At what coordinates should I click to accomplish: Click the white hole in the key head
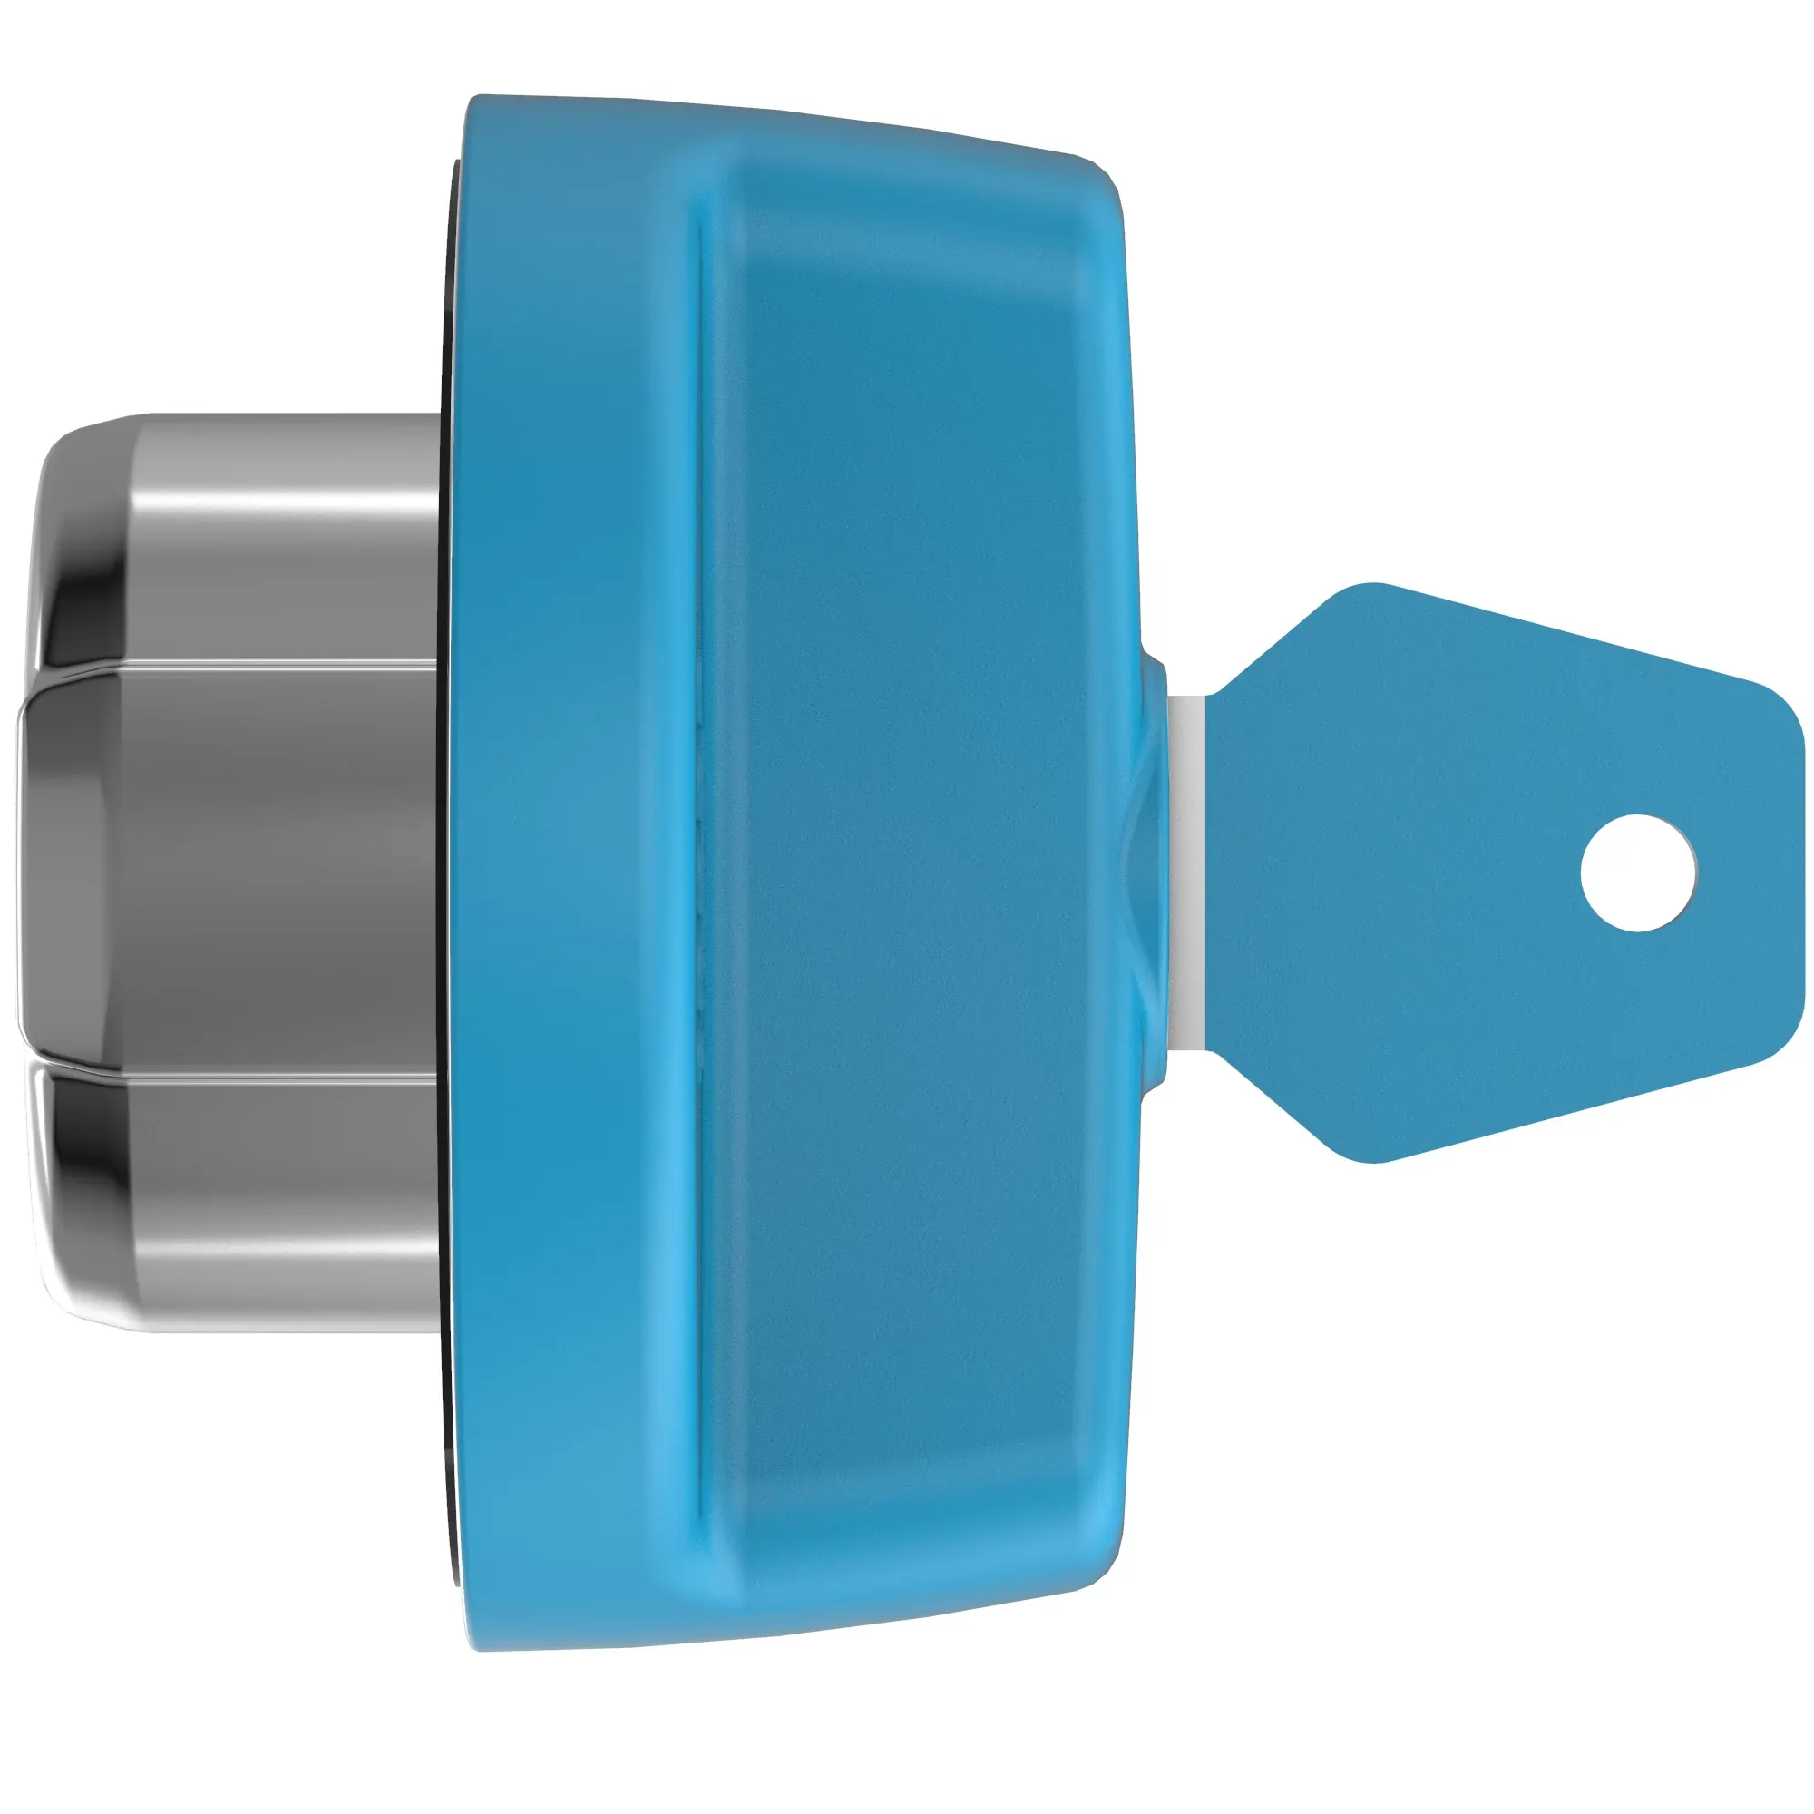[x=1638, y=873]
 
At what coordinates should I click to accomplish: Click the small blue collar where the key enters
[x=1153, y=873]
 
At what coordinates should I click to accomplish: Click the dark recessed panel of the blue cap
[x=902, y=873]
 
